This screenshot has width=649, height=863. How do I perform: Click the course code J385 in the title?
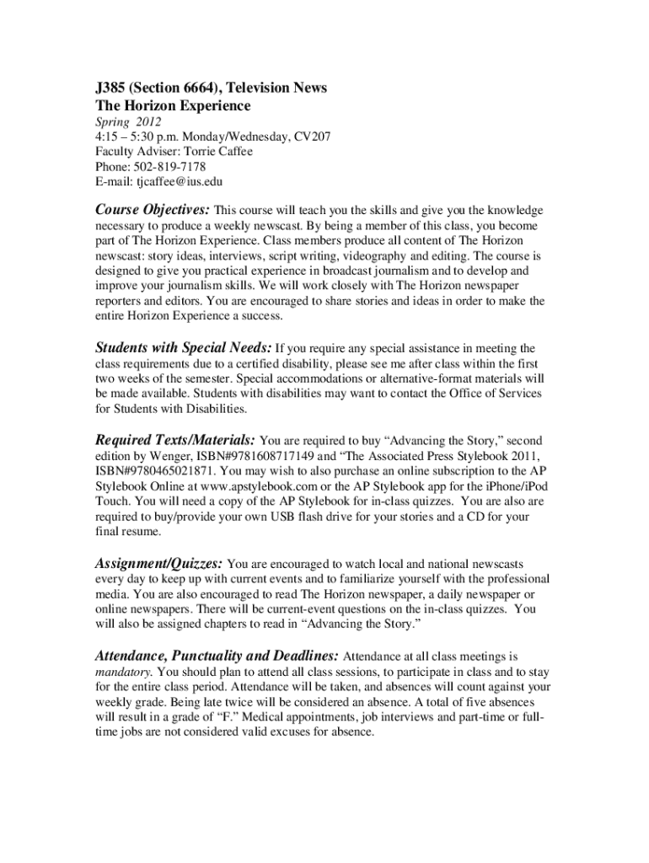pos(110,88)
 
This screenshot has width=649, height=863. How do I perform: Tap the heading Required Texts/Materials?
pos(175,439)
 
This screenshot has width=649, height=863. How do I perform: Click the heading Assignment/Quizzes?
pos(158,562)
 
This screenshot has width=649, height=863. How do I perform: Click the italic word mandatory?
pos(124,672)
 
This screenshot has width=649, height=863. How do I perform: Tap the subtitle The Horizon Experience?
pos(173,106)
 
